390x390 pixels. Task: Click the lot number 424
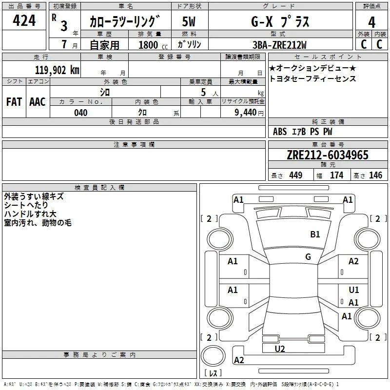click(24, 20)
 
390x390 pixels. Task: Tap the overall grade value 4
click(371, 22)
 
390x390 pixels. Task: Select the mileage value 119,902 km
click(57, 70)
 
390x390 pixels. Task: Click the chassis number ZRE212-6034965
click(328, 155)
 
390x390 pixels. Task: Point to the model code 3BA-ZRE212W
click(279, 45)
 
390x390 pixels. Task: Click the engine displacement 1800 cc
click(153, 45)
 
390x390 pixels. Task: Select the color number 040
click(80, 113)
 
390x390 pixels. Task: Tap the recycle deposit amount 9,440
click(246, 113)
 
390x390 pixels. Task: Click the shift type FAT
click(14, 102)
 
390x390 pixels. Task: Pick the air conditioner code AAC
click(38, 102)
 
